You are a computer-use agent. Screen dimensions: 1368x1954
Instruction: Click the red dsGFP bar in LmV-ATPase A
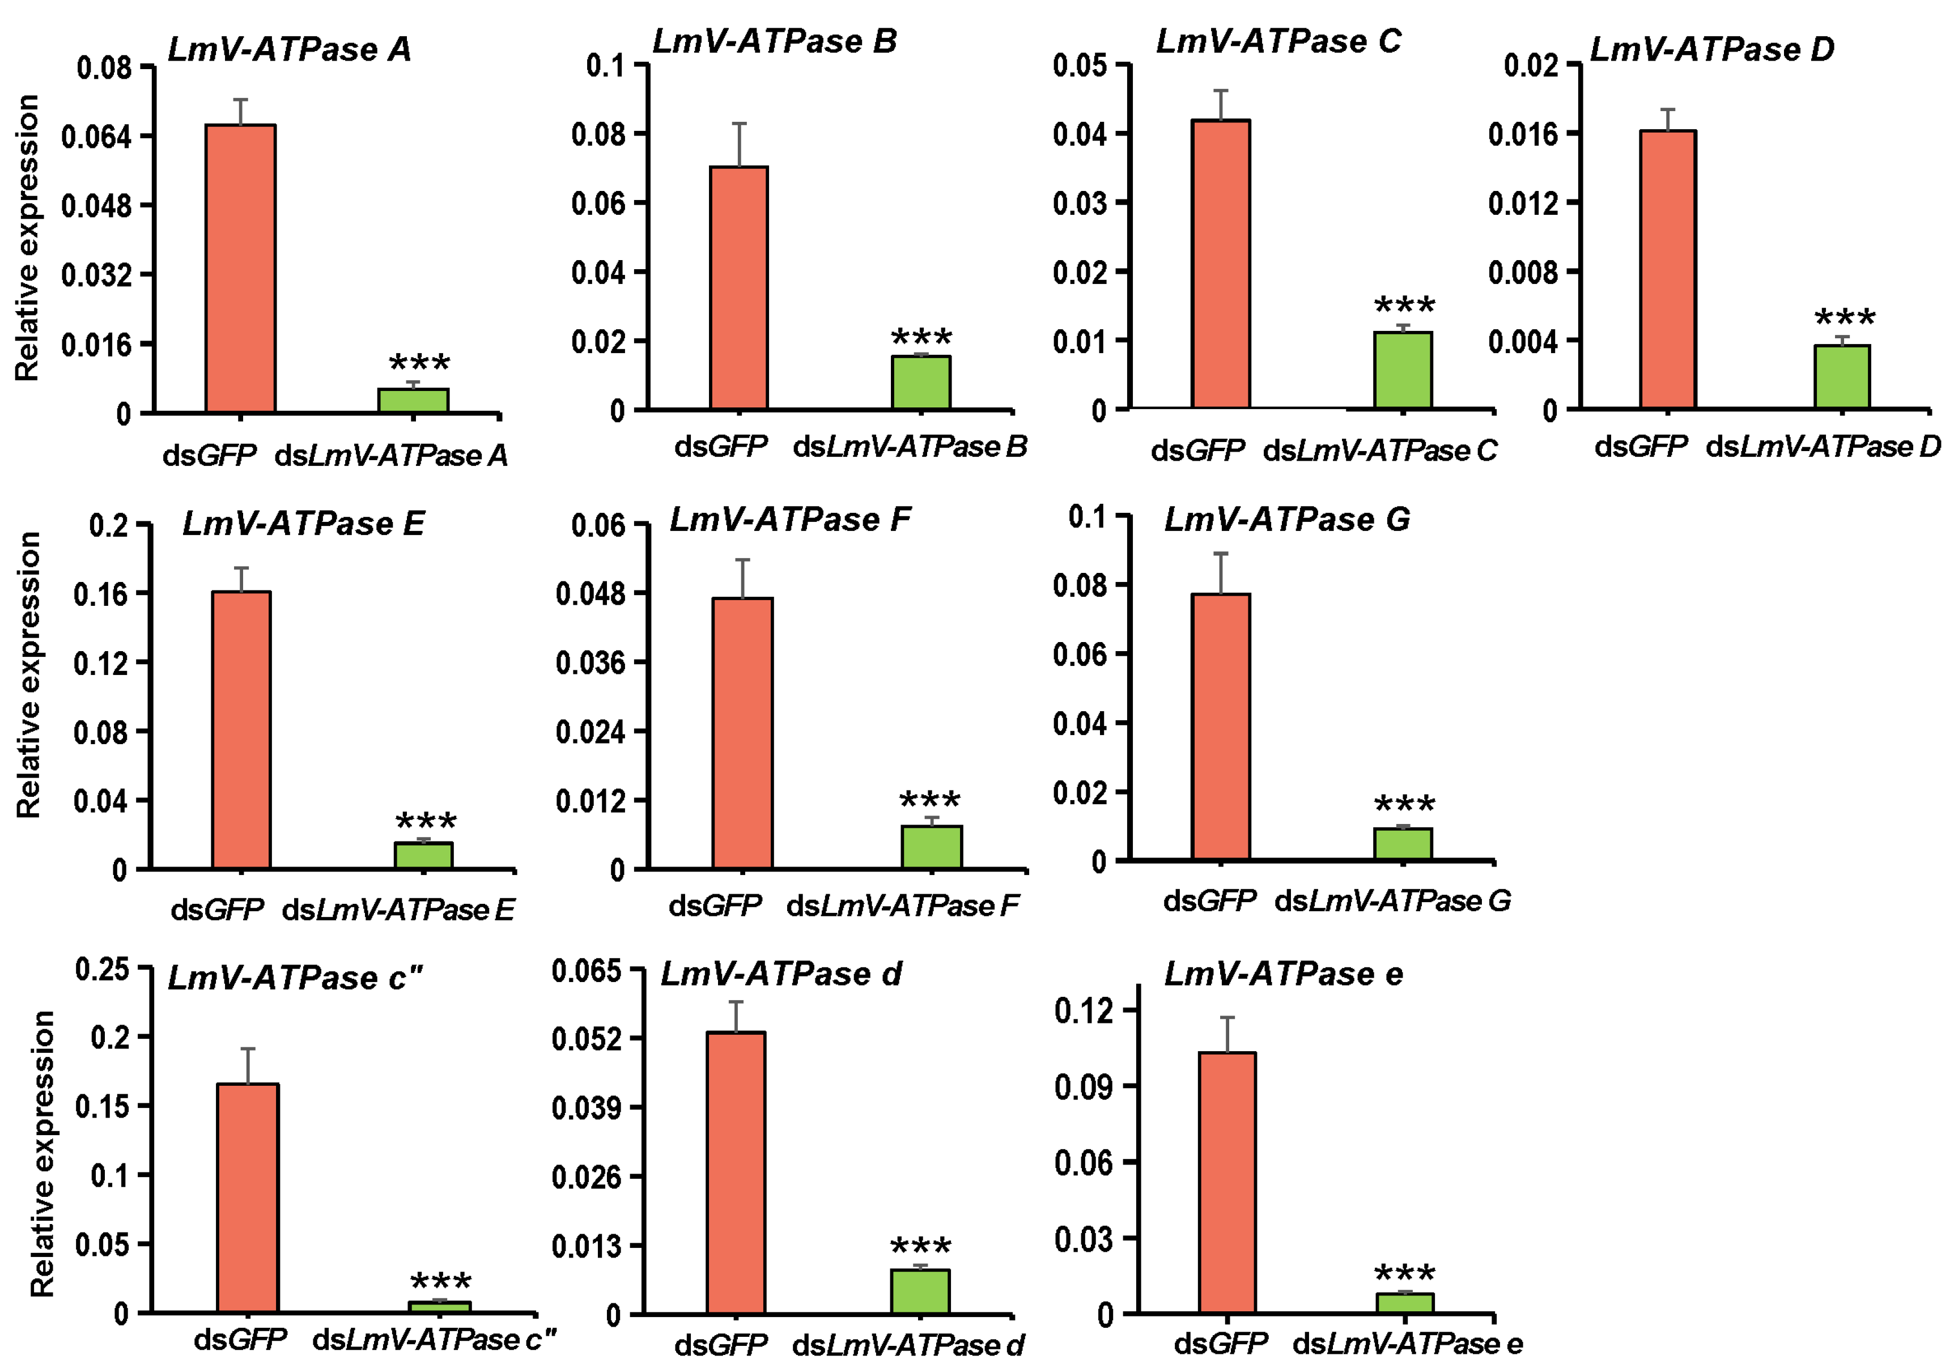click(241, 268)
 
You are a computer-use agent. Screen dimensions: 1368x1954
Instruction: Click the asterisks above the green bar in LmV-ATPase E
click(426, 822)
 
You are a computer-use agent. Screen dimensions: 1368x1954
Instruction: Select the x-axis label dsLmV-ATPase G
click(1392, 900)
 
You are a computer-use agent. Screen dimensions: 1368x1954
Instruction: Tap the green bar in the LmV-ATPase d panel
click(920, 1291)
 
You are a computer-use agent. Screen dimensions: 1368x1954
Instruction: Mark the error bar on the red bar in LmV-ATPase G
click(1221, 573)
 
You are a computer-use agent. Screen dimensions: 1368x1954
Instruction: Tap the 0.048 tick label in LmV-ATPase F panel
click(590, 593)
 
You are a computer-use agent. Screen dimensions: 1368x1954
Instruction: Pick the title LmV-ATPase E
click(303, 522)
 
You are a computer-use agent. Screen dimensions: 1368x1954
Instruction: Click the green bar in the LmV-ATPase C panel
click(1403, 369)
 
